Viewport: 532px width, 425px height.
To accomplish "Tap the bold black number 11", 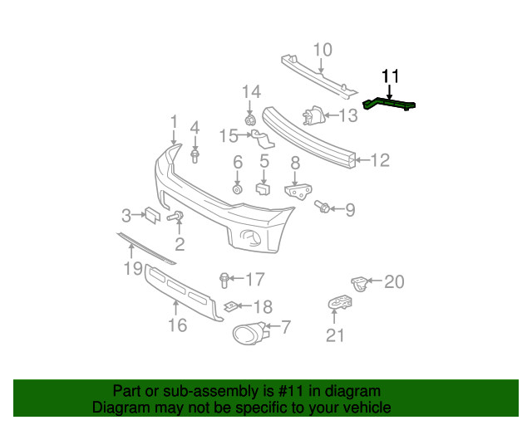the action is coord(391,77).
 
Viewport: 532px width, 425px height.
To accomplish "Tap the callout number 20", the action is coord(393,282).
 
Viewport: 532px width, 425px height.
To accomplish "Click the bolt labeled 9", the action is coord(323,207).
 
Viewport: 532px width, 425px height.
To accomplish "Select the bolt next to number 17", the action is coord(224,278).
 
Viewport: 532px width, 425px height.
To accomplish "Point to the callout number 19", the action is coord(134,267).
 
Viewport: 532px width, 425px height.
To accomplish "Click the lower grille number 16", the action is coord(178,325).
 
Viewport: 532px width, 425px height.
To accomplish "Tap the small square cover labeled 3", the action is coord(152,215).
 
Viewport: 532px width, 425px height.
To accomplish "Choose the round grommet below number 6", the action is coord(237,189).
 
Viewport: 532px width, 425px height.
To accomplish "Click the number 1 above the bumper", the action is coord(174,122).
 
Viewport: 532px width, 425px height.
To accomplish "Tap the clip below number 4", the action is coord(195,155).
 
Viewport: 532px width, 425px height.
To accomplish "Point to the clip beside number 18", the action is coord(234,306).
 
